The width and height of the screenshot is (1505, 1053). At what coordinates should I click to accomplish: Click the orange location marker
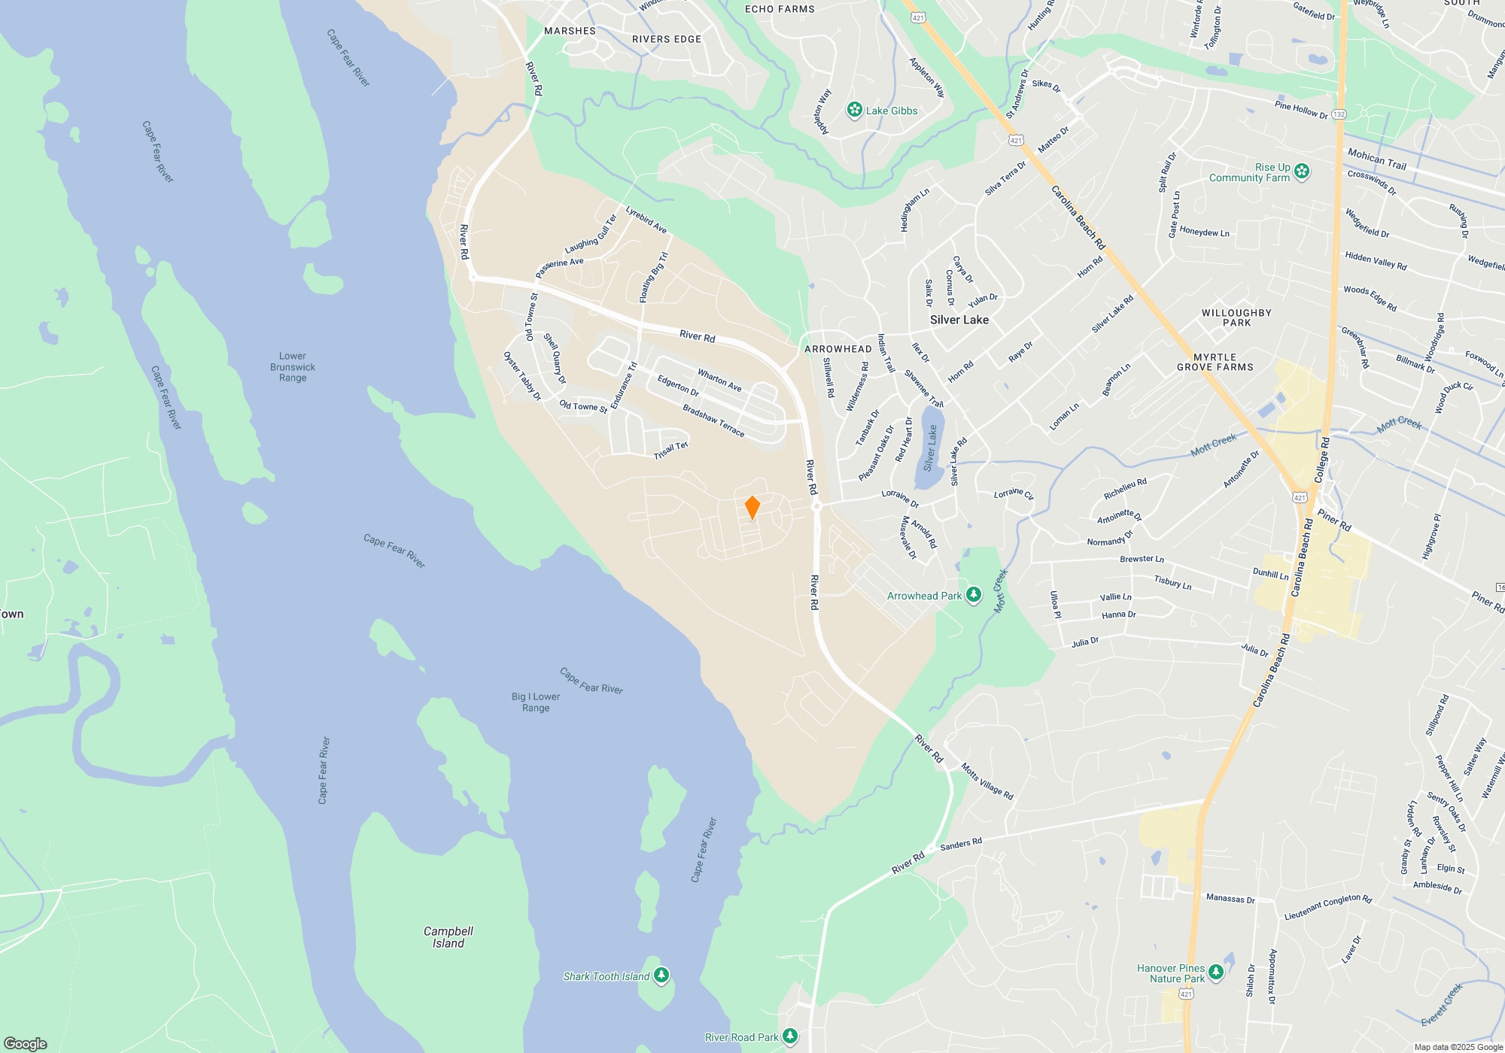752,508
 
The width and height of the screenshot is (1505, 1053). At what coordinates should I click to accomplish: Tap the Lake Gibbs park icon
854,111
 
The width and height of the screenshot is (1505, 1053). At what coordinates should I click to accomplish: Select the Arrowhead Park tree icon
974,596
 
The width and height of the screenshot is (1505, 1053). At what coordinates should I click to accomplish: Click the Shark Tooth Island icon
661,976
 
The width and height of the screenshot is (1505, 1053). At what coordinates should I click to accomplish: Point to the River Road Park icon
790,1037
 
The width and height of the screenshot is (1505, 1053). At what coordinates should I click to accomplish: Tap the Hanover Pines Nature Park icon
1216,973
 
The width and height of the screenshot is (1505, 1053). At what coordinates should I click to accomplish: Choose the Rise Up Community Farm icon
1302,172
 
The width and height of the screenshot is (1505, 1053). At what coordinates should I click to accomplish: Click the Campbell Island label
448,937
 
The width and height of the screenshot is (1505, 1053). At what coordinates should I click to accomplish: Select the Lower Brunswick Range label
293,367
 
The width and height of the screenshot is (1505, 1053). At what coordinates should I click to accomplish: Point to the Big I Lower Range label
536,702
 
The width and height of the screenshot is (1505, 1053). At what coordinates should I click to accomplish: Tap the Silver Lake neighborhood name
959,320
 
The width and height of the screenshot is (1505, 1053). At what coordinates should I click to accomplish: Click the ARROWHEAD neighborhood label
838,349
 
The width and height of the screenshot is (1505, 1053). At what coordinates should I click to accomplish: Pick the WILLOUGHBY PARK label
1236,317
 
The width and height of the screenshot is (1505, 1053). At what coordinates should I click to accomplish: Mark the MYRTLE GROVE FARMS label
1215,363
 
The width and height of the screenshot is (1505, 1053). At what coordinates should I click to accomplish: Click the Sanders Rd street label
961,844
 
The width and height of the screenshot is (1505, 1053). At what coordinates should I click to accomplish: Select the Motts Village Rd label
987,781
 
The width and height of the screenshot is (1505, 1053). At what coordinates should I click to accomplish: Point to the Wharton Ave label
719,381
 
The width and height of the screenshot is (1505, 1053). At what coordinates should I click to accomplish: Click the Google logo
26,1044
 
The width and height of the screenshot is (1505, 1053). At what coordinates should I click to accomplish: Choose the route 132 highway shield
1339,114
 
